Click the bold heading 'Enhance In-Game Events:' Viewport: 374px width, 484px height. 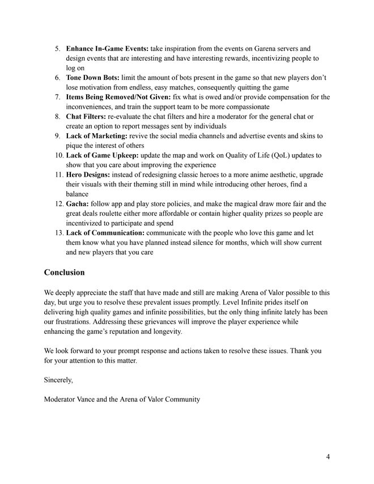[99, 49]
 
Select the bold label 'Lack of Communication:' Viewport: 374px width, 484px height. [105, 233]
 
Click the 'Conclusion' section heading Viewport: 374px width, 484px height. [64, 272]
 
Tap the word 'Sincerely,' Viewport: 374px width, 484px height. [58, 380]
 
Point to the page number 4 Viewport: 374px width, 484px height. [328, 457]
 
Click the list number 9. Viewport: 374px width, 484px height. [58, 136]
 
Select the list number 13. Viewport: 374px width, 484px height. [58, 233]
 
